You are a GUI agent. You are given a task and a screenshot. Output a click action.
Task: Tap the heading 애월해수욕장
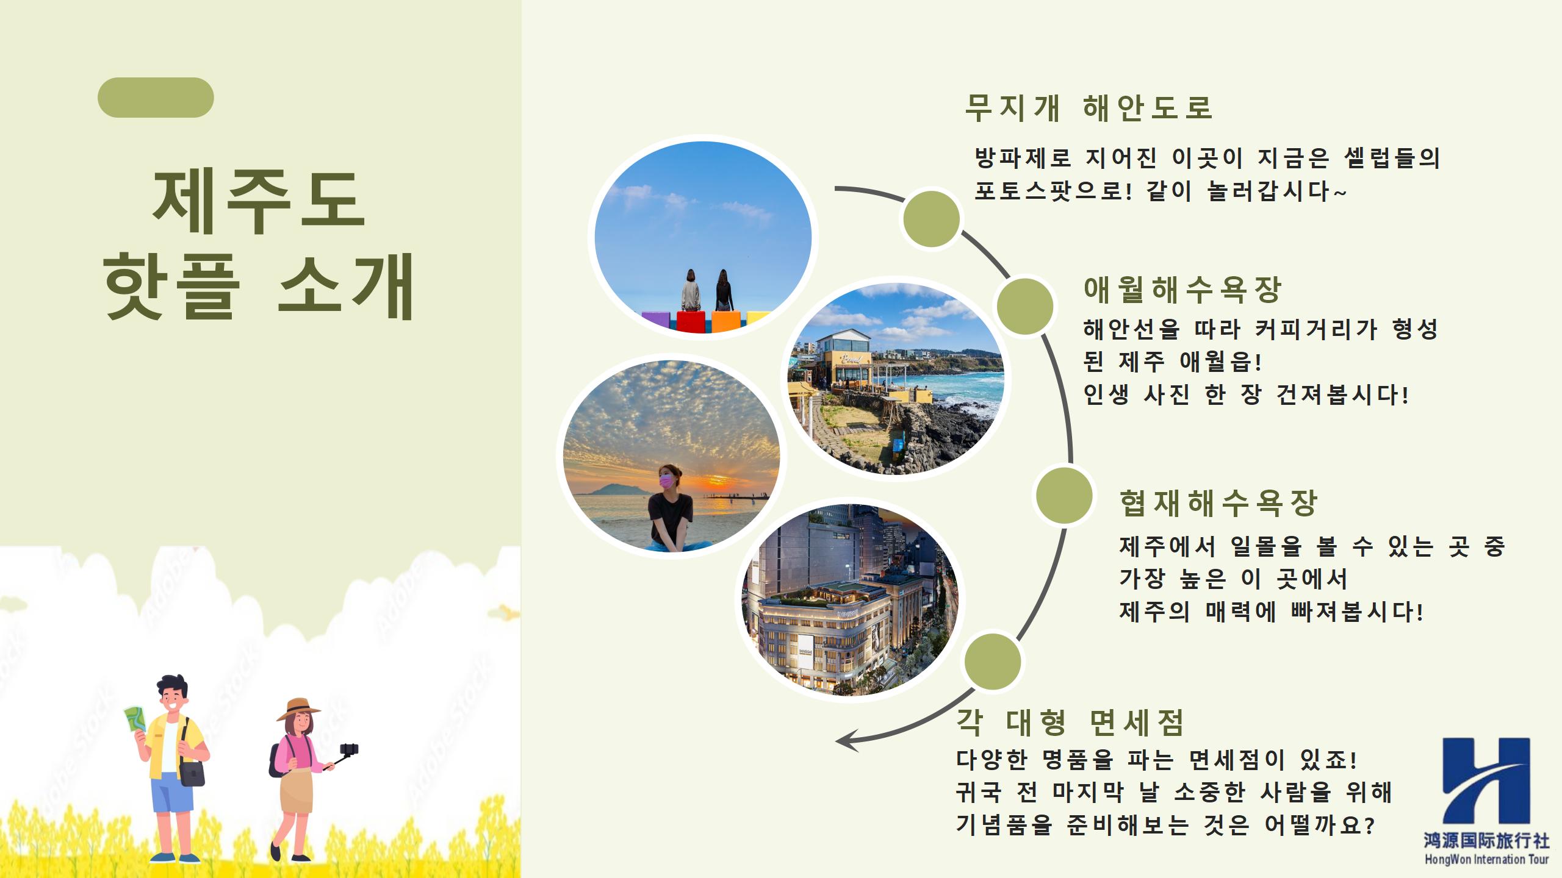coord(1182,290)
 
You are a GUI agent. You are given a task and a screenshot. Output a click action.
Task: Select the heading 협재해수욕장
coord(1218,503)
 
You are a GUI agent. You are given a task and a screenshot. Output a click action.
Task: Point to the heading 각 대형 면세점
coord(1070,723)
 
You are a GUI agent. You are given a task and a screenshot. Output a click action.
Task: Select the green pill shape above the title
coord(156,98)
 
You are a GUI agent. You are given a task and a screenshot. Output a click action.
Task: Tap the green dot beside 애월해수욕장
coord(1025,306)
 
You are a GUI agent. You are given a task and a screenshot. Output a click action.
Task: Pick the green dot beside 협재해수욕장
coord(1064,496)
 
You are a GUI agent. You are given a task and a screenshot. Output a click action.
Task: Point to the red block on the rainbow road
coord(691,321)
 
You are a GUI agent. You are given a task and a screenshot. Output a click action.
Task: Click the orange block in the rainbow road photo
coord(726,321)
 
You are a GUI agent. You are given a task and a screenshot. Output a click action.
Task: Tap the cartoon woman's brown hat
coord(298,710)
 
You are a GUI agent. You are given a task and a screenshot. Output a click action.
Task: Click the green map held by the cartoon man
coord(135,726)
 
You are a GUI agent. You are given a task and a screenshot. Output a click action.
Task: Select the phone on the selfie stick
coord(350,749)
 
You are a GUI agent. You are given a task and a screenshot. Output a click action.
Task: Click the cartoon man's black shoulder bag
coord(192,773)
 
